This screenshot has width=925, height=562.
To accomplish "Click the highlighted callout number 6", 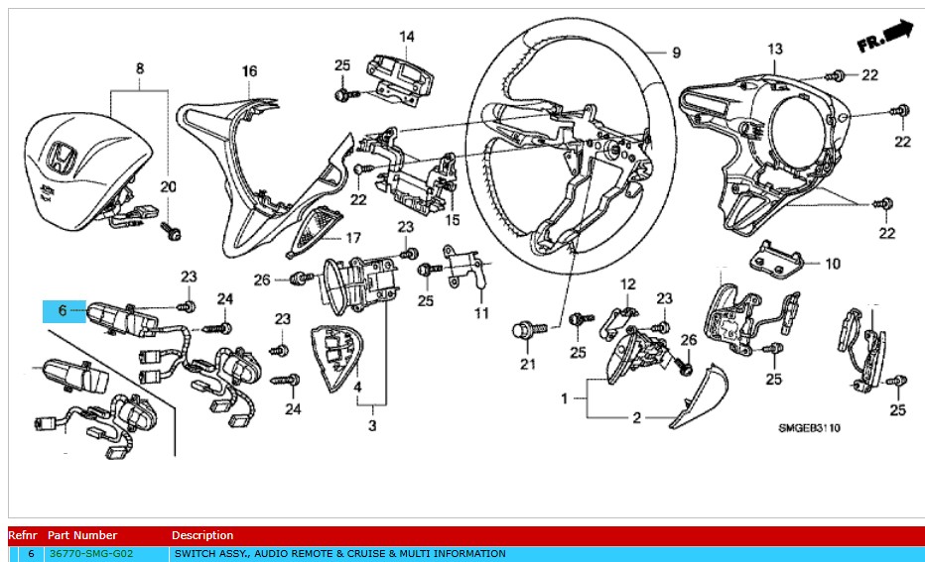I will coord(63,310).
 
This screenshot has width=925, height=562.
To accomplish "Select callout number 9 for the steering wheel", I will coord(676,53).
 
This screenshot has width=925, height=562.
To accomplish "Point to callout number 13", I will coord(775,49).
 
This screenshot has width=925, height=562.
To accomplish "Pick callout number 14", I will coord(407,37).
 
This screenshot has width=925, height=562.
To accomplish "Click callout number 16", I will coord(249,71).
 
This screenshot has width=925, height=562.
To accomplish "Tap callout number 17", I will coord(351,238).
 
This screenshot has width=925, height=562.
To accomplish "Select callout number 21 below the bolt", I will coord(528,365).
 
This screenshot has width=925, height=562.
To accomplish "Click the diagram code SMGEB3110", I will coord(809,428).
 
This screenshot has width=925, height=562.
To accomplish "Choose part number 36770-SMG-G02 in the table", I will coord(90,553).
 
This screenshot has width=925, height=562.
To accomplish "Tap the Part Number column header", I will coord(81,535).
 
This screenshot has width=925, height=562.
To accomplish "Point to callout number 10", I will coord(832,264).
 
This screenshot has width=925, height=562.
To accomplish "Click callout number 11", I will coord(481,313).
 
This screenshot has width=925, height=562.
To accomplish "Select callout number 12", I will coord(627,284).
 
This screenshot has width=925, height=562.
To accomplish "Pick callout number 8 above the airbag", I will coord(140,68).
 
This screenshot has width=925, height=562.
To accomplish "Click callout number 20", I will coord(168,186).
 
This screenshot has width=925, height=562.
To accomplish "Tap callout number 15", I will coord(453,219).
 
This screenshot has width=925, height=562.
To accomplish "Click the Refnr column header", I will coord(23,535).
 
